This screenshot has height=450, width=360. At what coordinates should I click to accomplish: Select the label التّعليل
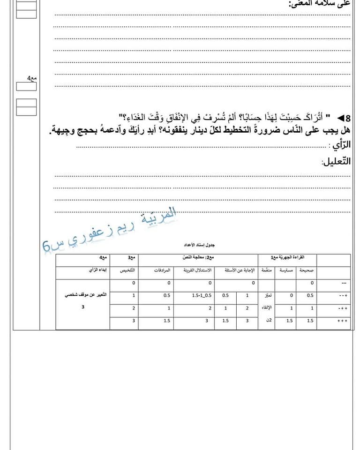tap(336, 161)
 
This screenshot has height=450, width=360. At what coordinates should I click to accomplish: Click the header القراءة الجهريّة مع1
tap(287, 257)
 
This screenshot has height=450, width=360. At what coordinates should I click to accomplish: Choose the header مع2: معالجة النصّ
tap(198, 257)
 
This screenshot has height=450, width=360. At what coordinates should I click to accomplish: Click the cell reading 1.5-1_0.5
tap(202, 295)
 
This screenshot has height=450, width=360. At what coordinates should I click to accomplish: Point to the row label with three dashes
tap(344, 283)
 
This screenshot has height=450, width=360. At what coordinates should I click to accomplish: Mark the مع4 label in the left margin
tap(31, 78)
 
